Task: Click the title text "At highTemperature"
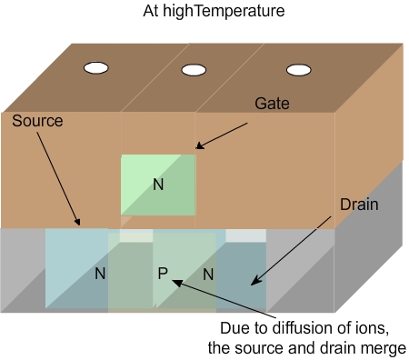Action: (204, 13)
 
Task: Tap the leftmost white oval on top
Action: (96, 67)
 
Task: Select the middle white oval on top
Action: (193, 70)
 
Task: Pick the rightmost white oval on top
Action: (297, 69)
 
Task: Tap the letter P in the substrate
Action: (164, 273)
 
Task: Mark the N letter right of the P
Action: (208, 273)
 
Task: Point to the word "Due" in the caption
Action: (235, 328)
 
